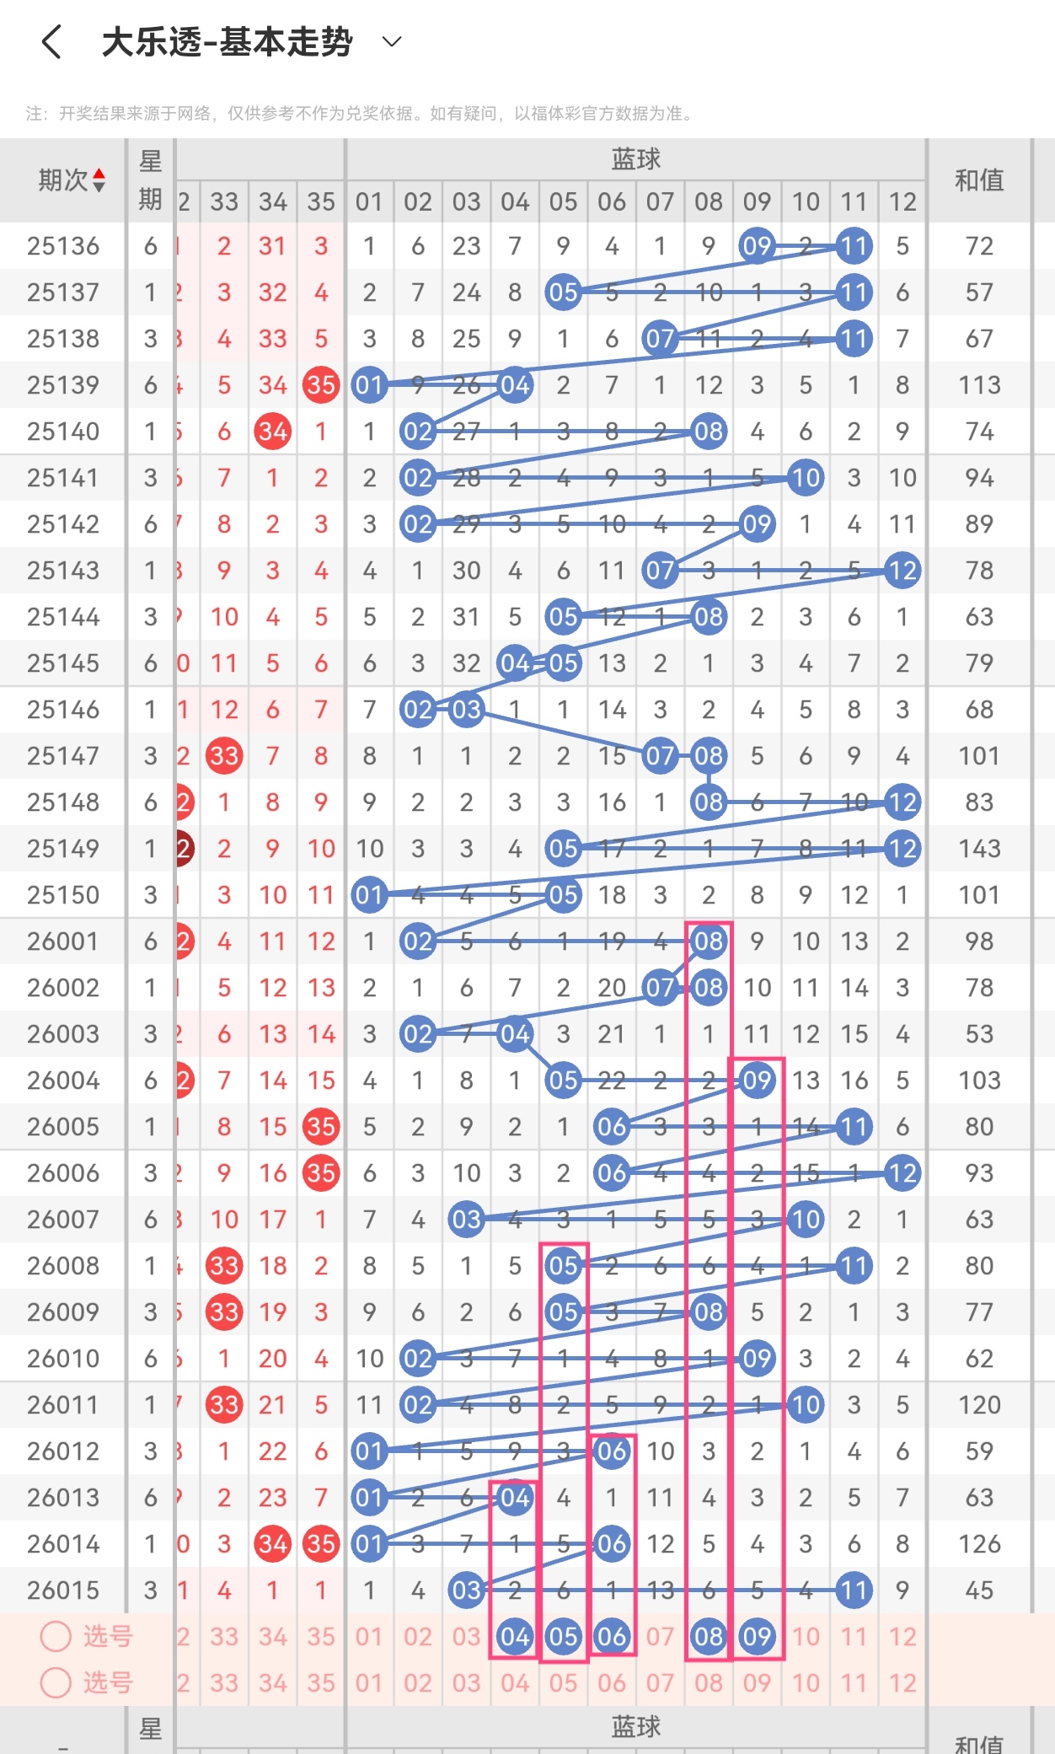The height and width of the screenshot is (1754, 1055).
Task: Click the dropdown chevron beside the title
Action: pos(392,41)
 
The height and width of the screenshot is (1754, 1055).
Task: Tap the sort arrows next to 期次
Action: pos(99,180)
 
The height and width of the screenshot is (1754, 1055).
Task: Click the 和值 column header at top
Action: pos(978,180)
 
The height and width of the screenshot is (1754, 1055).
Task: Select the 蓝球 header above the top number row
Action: pos(635,159)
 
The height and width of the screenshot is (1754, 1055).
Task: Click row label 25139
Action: pos(63,385)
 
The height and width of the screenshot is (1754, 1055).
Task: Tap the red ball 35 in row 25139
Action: pos(321,385)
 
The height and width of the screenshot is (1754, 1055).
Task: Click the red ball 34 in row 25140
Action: pos(272,432)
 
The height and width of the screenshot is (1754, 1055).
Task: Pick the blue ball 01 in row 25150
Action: pos(369,895)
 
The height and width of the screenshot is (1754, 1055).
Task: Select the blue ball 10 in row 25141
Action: pos(806,478)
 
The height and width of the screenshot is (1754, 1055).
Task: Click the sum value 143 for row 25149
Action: pos(979,849)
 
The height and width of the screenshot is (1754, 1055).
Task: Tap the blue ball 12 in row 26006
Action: pos(902,1173)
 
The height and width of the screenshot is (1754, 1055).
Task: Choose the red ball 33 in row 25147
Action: pos(224,756)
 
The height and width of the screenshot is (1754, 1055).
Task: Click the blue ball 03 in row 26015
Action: pos(466,1590)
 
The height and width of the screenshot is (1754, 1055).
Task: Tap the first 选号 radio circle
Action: pos(56,1637)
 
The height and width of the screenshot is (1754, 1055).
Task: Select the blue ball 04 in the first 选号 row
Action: pos(515,1637)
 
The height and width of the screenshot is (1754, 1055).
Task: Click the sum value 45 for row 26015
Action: pos(979,1590)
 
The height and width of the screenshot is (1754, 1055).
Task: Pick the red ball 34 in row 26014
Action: pos(272,1544)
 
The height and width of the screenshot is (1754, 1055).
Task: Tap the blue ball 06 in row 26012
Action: pos(612,1451)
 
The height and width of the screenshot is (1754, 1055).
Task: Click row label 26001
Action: pos(63,941)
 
